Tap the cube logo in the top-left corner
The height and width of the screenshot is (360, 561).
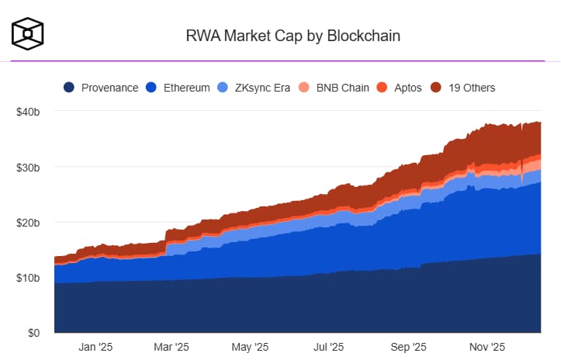point(27,33)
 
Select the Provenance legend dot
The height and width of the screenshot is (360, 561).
point(70,88)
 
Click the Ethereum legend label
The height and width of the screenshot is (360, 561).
point(186,88)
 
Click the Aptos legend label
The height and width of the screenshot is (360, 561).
point(407,88)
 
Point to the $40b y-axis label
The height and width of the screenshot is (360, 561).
point(28,112)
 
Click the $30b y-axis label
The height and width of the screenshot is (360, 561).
point(28,167)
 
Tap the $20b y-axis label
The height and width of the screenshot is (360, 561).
point(28,223)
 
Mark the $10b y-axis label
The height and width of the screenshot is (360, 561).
point(28,278)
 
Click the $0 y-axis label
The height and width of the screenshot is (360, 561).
point(33,333)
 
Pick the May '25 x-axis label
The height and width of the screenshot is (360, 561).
point(250,347)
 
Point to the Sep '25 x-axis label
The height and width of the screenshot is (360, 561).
point(408,347)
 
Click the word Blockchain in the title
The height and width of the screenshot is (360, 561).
point(358,35)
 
